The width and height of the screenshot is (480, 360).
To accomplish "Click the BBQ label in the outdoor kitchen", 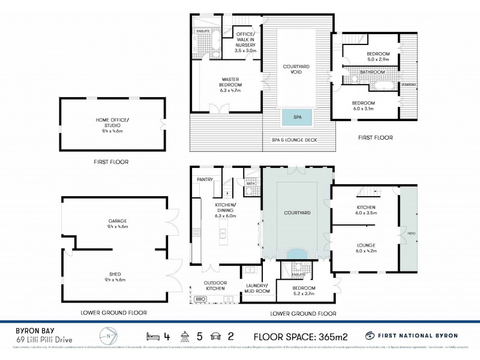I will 200,298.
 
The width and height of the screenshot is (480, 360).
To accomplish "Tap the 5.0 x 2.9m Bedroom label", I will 378,57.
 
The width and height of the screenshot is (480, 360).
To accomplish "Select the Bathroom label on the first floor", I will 372,72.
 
